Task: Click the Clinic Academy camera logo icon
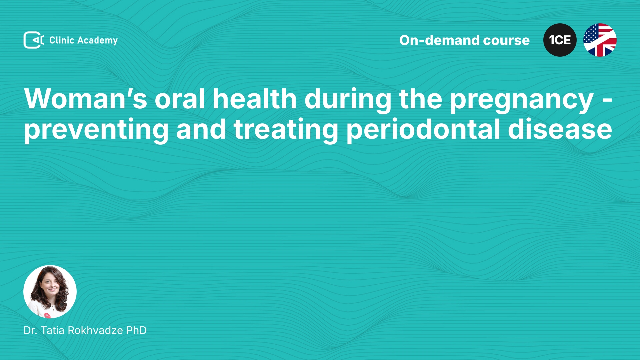coord(34,40)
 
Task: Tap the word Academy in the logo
coord(97,41)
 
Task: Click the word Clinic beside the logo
coord(62,40)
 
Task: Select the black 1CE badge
coord(560,40)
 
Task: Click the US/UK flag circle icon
coord(600,40)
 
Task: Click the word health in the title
coord(255,99)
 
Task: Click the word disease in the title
coord(560,129)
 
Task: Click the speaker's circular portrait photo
coord(50,292)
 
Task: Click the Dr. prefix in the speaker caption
coord(30,330)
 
